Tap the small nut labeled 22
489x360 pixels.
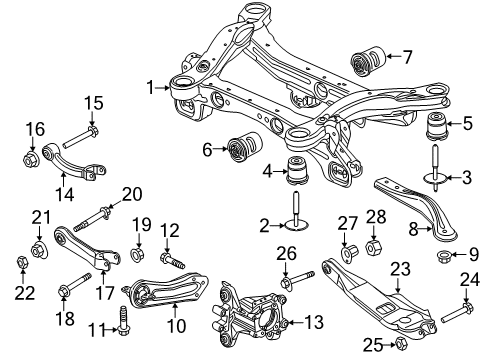[x=20, y=263]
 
